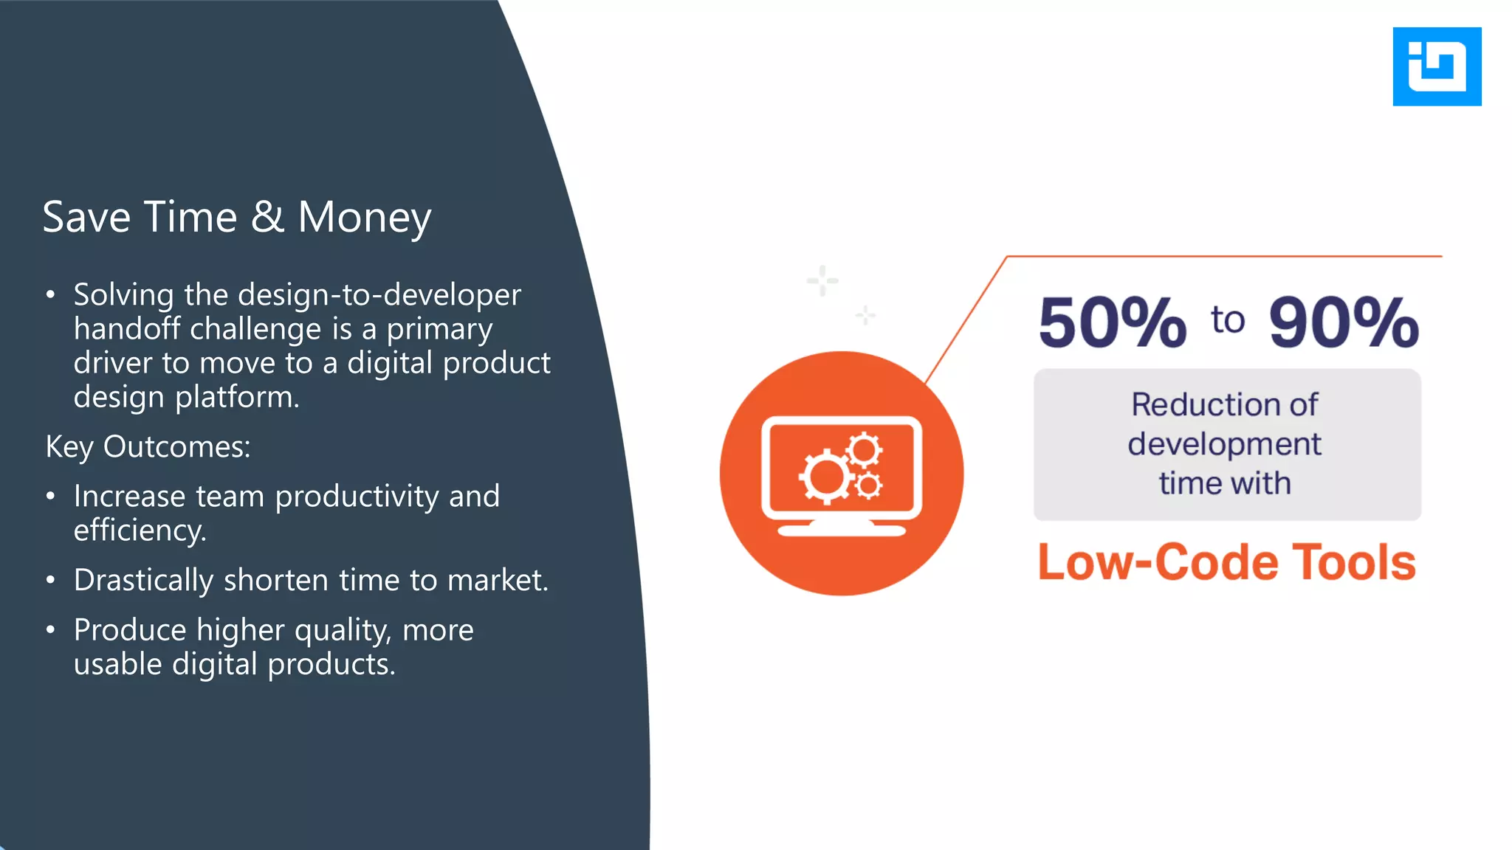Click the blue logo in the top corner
[1436, 66]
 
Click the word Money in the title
[364, 218]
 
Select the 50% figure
[1112, 322]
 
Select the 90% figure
[1343, 322]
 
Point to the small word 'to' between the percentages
[1227, 320]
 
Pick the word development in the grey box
[1224, 444]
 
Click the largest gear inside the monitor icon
[825, 477]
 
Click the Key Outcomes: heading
[148, 447]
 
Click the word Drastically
[143, 581]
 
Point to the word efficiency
[139, 531]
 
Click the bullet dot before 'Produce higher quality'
[50, 630]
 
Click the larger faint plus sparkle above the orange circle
[822, 281]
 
